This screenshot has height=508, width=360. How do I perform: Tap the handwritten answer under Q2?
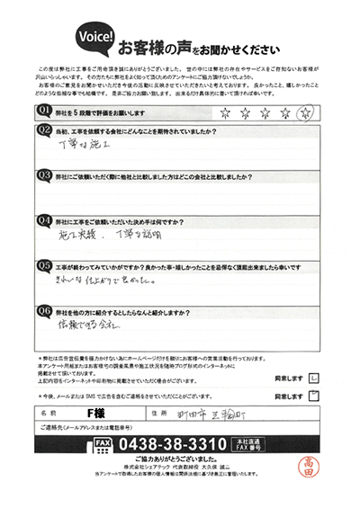tap(82, 143)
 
